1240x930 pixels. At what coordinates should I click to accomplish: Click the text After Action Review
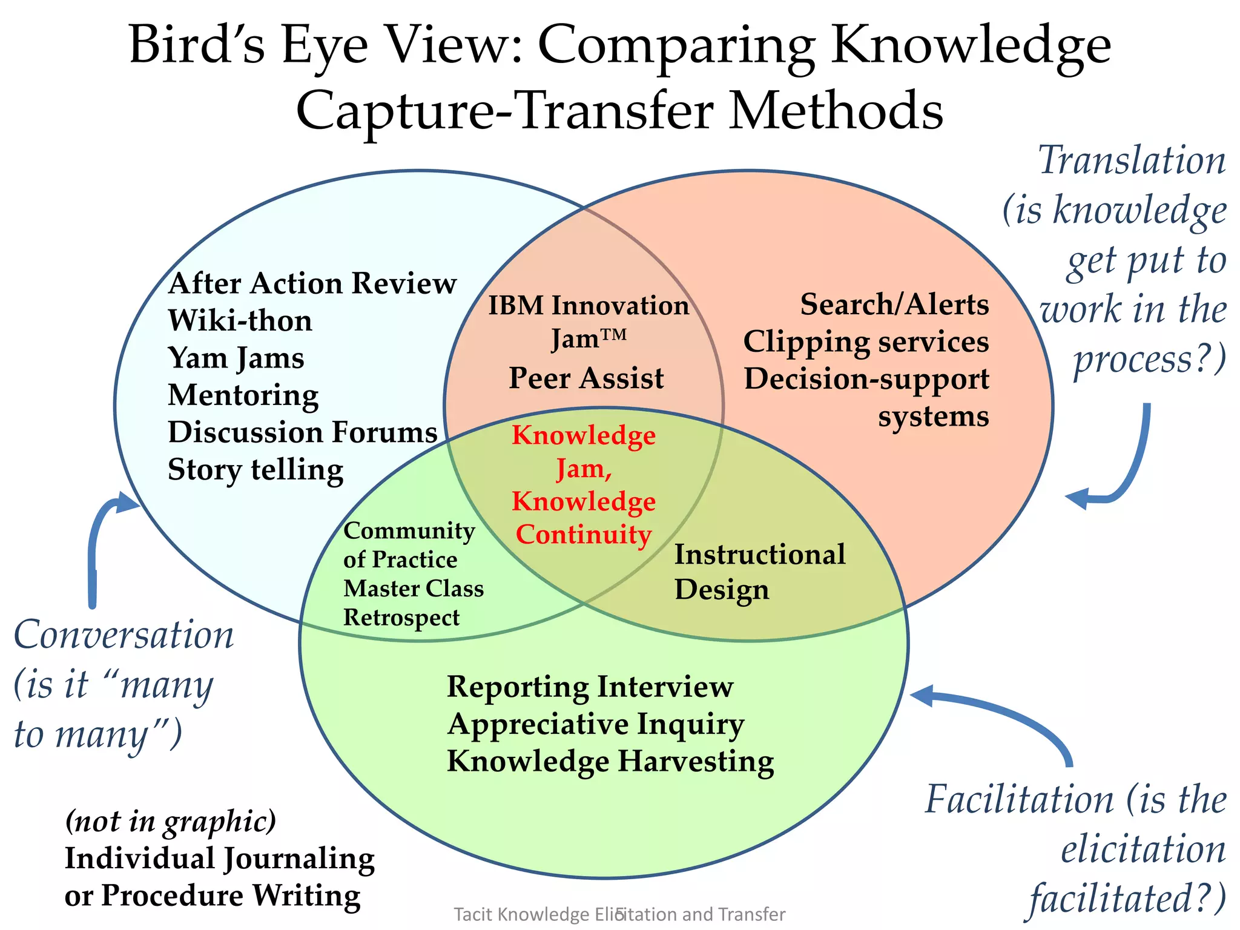pyautogui.click(x=312, y=283)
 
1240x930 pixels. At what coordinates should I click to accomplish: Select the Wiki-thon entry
pyautogui.click(x=240, y=321)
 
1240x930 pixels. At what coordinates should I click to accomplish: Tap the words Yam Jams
pyautogui.click(x=236, y=358)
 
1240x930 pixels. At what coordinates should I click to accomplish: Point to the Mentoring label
pyautogui.click(x=243, y=395)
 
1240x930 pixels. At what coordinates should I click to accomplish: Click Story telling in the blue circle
pyautogui.click(x=255, y=470)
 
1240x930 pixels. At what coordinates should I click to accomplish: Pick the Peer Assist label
pyautogui.click(x=585, y=378)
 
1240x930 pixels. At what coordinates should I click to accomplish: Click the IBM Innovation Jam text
pyautogui.click(x=589, y=321)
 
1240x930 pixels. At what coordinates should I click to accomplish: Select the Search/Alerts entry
pyautogui.click(x=894, y=305)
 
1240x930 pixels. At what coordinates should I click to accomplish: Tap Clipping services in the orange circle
pyautogui.click(x=866, y=342)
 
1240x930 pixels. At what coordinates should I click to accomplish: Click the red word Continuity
pyautogui.click(x=583, y=535)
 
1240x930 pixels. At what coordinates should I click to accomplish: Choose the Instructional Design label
pyautogui.click(x=759, y=572)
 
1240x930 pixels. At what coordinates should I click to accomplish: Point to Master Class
pyautogui.click(x=413, y=589)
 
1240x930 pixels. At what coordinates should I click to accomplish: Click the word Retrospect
pyautogui.click(x=401, y=618)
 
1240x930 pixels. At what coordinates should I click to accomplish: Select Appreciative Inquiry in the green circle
pyautogui.click(x=596, y=724)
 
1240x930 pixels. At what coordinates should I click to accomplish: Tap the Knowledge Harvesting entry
pyautogui.click(x=610, y=761)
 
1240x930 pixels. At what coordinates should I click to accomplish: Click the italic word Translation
pyautogui.click(x=1132, y=161)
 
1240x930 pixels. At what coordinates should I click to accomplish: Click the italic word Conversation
pyautogui.click(x=124, y=636)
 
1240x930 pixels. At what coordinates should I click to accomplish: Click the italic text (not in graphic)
pyautogui.click(x=170, y=822)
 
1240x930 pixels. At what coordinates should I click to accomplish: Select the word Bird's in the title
pyautogui.click(x=197, y=45)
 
